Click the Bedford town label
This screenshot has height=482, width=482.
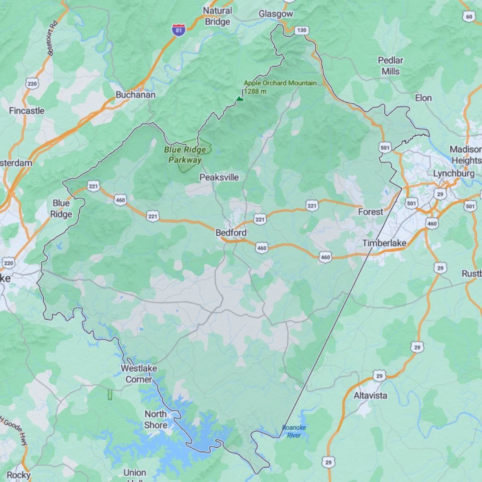point(231,233)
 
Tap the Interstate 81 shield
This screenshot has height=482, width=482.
point(178,31)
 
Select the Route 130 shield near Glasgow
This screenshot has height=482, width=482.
point(302,30)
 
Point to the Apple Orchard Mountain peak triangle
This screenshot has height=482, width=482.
point(240,99)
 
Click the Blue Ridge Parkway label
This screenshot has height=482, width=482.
point(185,155)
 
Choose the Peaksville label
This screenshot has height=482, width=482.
point(219,177)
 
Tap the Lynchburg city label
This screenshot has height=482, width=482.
point(453,173)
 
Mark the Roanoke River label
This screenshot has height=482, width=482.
point(294,431)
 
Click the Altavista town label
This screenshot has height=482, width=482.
point(370,395)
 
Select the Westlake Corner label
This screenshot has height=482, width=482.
point(139,374)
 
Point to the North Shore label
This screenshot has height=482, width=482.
point(155,420)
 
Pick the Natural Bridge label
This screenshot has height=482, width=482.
point(217,16)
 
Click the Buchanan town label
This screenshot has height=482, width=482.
point(136,95)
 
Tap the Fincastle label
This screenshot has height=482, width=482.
point(27,110)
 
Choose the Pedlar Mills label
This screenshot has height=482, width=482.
point(391,66)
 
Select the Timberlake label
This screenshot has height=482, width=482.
point(384,243)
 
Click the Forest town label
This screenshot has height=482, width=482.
point(370,212)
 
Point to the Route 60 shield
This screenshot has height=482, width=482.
point(469,17)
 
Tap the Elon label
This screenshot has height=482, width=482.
point(423,98)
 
